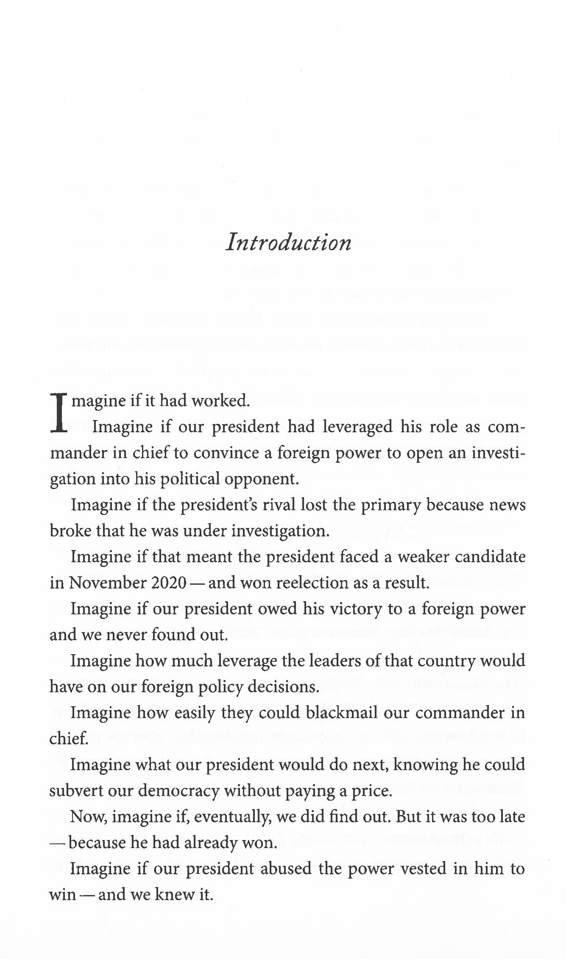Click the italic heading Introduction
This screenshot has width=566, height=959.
coord(289,243)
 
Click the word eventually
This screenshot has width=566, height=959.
coord(233,817)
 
